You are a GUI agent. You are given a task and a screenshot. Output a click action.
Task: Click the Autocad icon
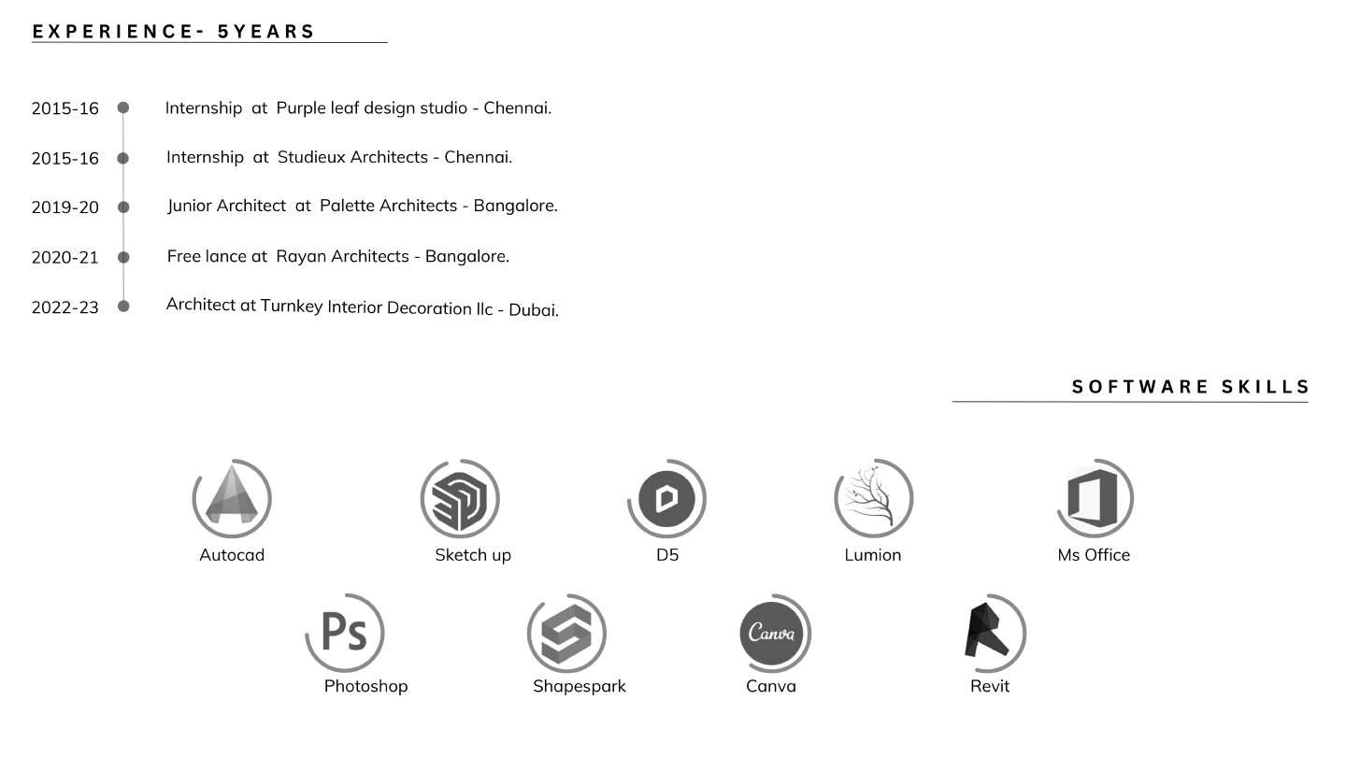[232, 496]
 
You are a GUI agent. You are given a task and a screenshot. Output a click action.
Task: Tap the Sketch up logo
[460, 498]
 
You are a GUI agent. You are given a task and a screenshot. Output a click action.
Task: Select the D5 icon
[666, 498]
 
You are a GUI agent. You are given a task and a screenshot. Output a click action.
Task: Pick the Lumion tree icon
[872, 498]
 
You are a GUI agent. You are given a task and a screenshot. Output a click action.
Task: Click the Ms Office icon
[1094, 497]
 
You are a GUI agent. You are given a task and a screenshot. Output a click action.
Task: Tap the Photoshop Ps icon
[344, 632]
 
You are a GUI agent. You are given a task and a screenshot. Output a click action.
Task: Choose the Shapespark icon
[566, 633]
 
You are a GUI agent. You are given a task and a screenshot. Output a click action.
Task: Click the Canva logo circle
[772, 633]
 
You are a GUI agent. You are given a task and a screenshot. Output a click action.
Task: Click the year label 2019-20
[64, 207]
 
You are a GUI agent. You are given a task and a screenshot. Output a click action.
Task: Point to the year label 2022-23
[64, 307]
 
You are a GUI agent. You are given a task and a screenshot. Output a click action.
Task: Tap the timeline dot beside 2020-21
[123, 257]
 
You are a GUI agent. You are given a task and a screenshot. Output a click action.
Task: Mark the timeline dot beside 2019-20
[123, 207]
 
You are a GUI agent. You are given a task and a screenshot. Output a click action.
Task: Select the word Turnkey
[292, 306]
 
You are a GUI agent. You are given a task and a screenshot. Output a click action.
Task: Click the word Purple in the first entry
[301, 108]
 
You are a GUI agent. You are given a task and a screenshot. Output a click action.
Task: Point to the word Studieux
[311, 157]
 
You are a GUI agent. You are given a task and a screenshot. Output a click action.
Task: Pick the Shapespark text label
[580, 686]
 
